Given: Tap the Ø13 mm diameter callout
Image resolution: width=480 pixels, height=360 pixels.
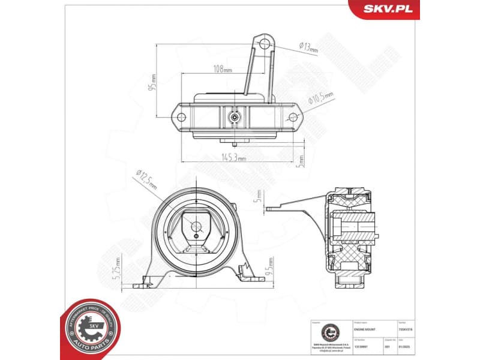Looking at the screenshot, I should point(309,47).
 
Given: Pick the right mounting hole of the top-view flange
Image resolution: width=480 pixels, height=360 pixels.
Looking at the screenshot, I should point(293,117).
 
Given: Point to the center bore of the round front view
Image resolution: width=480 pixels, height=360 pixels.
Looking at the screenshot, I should point(196,226).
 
